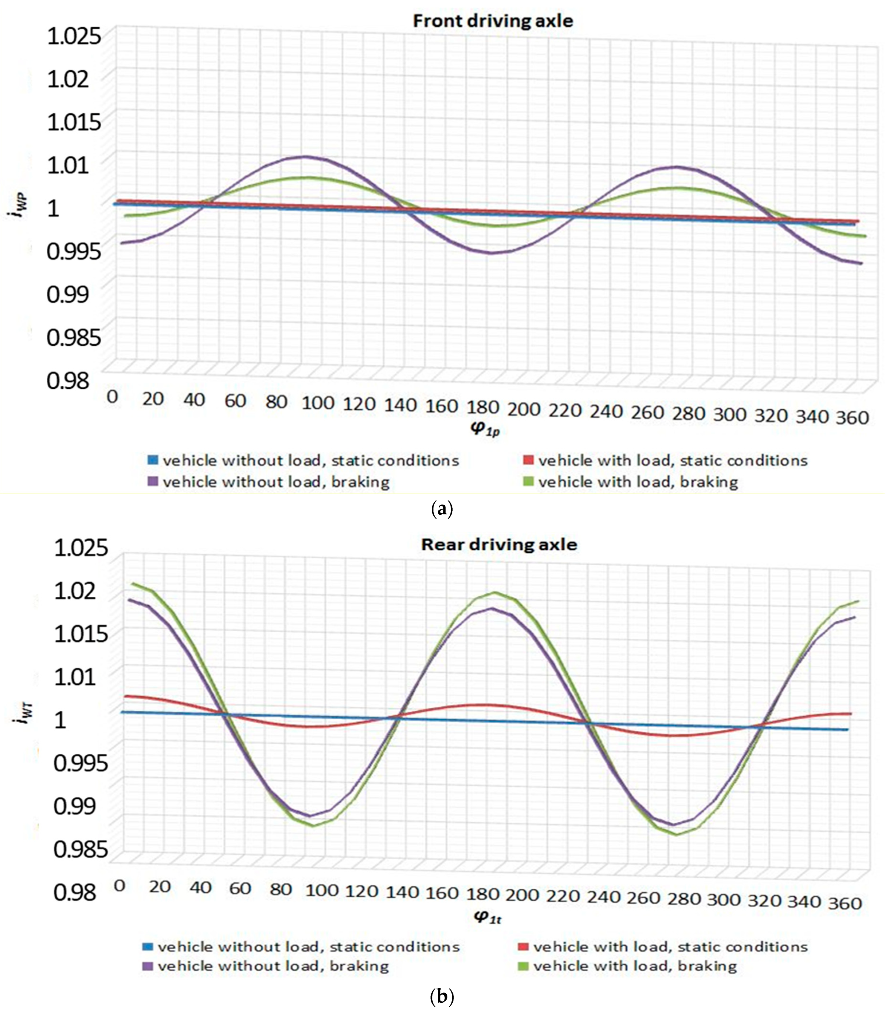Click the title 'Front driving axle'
(x=492, y=21)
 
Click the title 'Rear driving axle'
(x=499, y=545)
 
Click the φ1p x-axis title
(x=485, y=429)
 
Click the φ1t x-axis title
(x=488, y=917)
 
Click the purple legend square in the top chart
(x=153, y=481)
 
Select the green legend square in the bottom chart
(x=524, y=966)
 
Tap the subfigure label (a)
(x=442, y=508)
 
